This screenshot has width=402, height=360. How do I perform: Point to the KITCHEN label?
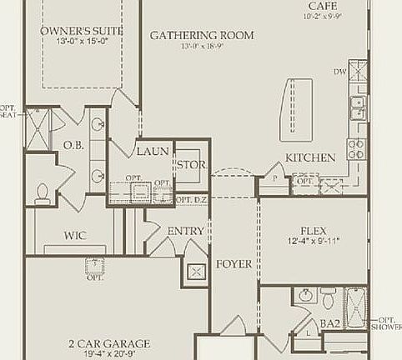pyautogui.click(x=310, y=157)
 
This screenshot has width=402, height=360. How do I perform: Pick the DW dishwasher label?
pyautogui.click(x=340, y=72)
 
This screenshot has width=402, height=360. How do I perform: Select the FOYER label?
pyautogui.click(x=234, y=264)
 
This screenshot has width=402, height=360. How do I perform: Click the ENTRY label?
pyautogui.click(x=185, y=231)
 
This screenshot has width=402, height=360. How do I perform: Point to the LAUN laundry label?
pyautogui.click(x=152, y=152)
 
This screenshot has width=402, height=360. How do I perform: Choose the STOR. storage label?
pyautogui.click(x=191, y=165)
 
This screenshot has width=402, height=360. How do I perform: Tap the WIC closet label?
pyautogui.click(x=76, y=236)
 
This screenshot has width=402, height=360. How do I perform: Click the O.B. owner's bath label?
pyautogui.click(x=73, y=144)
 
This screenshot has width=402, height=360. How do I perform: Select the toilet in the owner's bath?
pyautogui.click(x=43, y=192)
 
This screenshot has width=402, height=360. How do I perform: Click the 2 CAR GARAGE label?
pyautogui.click(x=108, y=342)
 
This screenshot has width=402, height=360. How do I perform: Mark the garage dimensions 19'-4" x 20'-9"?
pyautogui.click(x=108, y=354)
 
